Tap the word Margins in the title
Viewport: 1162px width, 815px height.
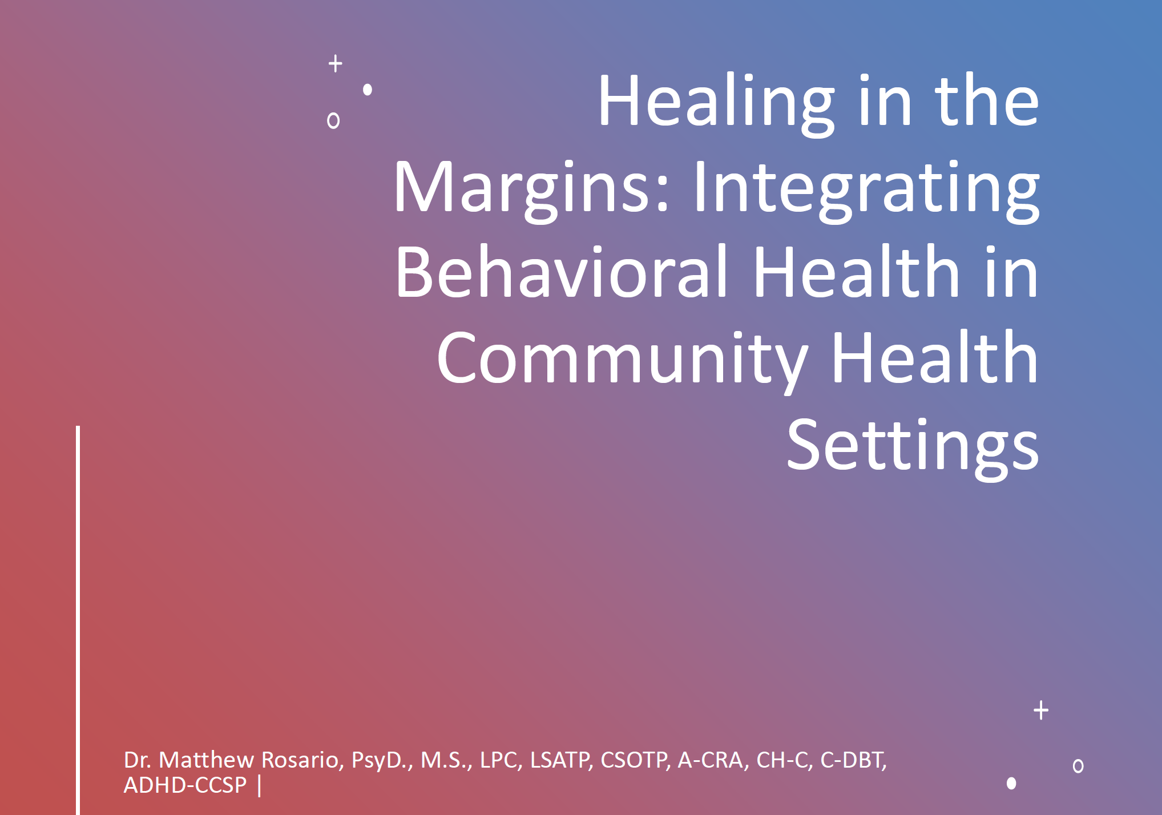(531, 189)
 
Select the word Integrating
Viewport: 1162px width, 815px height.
(866, 189)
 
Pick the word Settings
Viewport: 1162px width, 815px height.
(913, 448)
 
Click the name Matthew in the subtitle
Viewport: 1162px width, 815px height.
(206, 760)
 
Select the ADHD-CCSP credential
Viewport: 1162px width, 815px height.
(185, 785)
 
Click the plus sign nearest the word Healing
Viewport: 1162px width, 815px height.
(336, 63)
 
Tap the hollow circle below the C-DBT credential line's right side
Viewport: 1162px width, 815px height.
(1078, 766)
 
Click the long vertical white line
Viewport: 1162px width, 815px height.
(78, 620)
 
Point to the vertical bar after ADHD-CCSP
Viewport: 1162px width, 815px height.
(260, 785)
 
